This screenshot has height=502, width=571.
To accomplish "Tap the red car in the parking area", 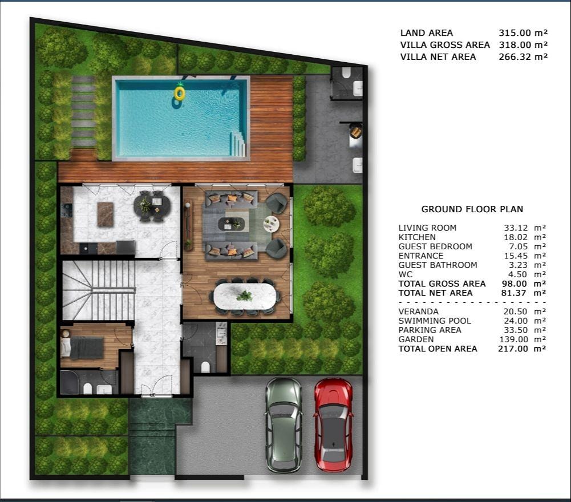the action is point(333,425).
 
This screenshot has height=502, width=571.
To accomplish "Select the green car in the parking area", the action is point(284,425).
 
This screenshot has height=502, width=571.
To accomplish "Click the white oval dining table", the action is point(245,295).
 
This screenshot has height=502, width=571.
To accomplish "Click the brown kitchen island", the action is point(106,214).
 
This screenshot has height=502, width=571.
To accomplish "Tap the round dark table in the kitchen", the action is point(152,206).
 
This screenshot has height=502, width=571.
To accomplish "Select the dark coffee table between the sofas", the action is point(232,224).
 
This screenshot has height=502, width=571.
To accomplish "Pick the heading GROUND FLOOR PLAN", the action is point(472,209).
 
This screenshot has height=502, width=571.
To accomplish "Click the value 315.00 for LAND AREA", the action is point(515,33).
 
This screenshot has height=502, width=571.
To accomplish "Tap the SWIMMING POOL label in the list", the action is point(435,321).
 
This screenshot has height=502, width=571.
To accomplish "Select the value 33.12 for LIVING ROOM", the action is point(516,228).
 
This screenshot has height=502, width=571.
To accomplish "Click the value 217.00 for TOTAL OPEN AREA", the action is point(513,349).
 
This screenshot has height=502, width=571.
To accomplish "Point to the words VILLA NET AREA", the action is point(438,57).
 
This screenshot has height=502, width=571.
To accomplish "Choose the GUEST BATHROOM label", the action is point(438,265).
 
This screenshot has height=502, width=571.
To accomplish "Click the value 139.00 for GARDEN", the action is point(513,339).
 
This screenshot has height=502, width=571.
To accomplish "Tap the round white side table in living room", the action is point(272,224).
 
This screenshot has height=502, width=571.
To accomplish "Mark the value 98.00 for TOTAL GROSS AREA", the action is point(514,284).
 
